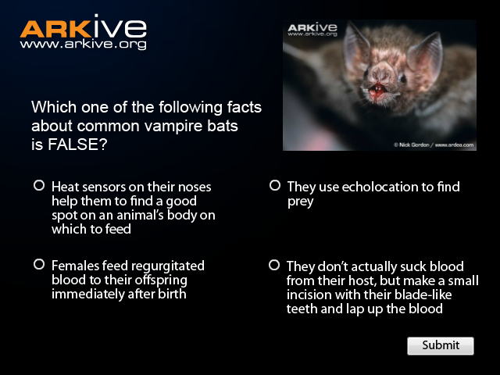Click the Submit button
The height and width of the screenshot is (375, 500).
pos(441,345)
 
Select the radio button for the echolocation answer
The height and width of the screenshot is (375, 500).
pos(274,185)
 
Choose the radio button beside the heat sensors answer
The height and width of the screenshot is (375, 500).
pos(39,185)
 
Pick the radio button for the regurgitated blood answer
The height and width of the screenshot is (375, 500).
pos(39,264)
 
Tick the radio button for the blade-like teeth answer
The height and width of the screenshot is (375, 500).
pos(274,265)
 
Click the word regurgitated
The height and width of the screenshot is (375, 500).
pos(168,266)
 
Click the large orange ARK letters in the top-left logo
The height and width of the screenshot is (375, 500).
pos(55,29)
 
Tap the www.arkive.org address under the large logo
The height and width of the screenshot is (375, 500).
pos(84,44)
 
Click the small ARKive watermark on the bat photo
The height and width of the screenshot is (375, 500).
pos(312,30)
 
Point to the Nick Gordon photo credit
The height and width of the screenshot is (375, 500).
pos(434,145)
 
